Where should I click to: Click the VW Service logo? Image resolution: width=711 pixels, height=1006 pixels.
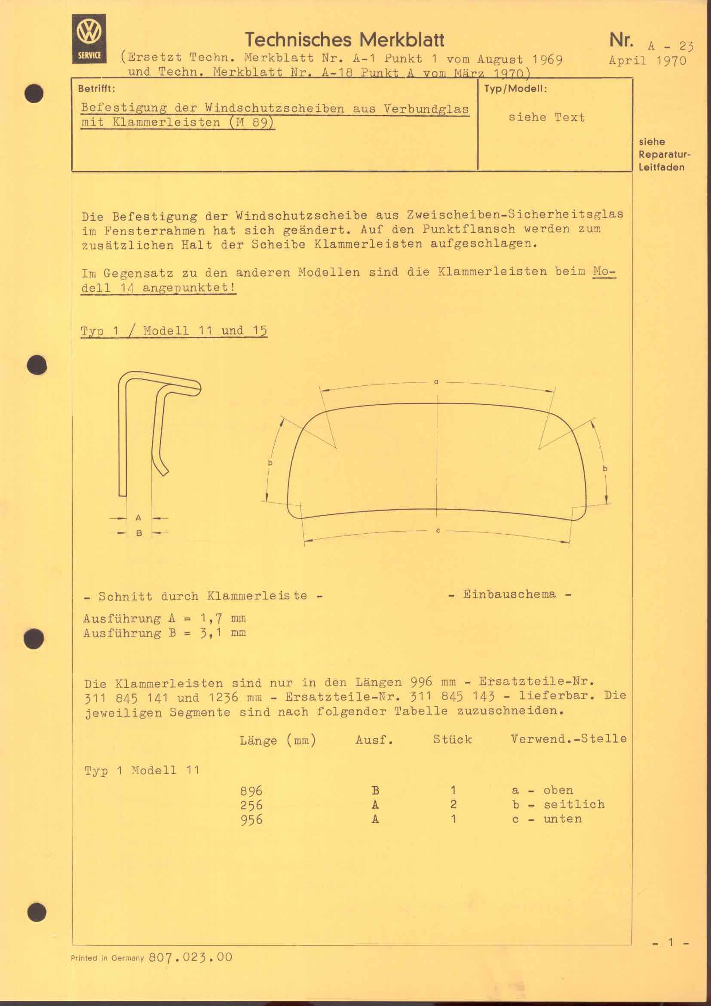click(x=89, y=39)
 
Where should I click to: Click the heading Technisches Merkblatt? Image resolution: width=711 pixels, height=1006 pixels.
click(x=344, y=40)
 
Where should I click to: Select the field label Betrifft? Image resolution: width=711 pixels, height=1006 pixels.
click(x=96, y=89)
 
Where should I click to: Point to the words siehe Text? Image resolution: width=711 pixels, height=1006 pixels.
click(x=546, y=117)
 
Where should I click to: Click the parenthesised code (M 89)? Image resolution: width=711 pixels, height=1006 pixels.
click(x=252, y=122)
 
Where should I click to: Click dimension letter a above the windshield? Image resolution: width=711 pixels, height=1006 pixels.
click(x=436, y=382)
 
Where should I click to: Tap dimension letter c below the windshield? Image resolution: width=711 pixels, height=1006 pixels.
click(x=438, y=531)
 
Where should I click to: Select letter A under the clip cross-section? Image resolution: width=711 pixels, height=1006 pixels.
click(x=138, y=518)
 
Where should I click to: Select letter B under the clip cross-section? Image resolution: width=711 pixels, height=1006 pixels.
click(x=139, y=533)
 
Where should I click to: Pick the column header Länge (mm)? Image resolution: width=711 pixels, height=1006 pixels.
click(x=278, y=740)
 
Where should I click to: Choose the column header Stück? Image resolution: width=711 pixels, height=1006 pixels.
click(x=452, y=739)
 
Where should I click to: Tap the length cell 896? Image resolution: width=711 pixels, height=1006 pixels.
click(x=251, y=791)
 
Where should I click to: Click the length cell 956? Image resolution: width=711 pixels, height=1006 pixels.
click(x=251, y=820)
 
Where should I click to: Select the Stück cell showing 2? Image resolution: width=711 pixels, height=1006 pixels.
click(x=454, y=804)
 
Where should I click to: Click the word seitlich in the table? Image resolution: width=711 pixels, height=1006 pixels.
click(x=573, y=804)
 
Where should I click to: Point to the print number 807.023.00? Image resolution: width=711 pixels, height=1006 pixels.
click(x=190, y=957)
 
